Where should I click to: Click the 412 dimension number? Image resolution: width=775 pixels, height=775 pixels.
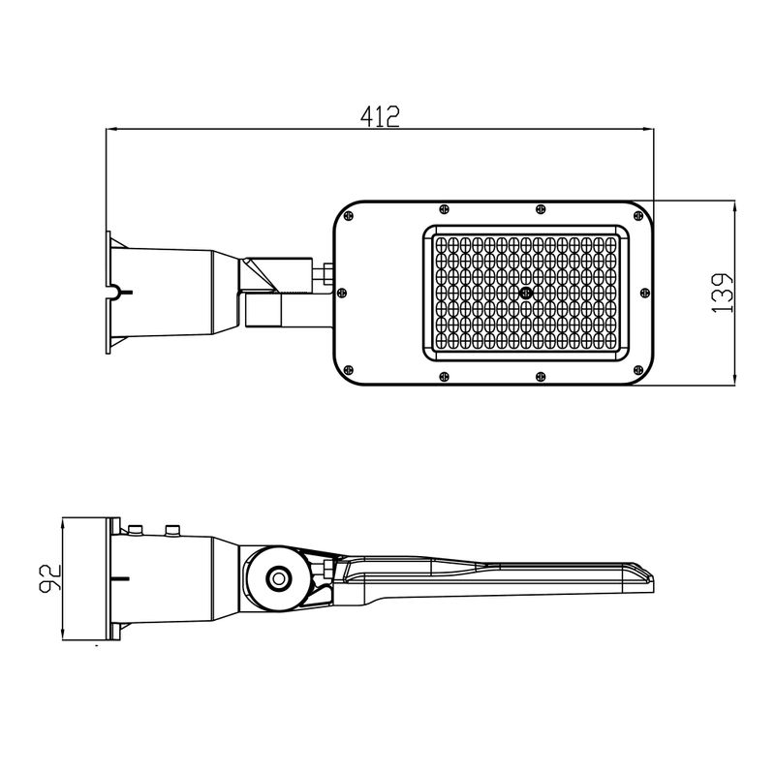[380, 116]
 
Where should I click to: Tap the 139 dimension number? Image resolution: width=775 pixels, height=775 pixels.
[722, 293]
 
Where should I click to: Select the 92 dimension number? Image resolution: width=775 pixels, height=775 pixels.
[50, 577]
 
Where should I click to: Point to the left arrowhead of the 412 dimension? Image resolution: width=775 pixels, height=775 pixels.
[111, 130]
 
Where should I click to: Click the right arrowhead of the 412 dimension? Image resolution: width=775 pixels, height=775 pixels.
[648, 130]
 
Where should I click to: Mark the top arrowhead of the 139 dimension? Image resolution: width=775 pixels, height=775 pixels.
[734, 206]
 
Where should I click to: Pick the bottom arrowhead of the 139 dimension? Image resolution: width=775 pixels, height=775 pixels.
[734, 379]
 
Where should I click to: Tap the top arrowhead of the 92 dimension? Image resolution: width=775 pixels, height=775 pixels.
[63, 524]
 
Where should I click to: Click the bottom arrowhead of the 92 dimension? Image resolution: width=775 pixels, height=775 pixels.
[63, 635]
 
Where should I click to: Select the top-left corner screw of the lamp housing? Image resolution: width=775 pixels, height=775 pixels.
[349, 215]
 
